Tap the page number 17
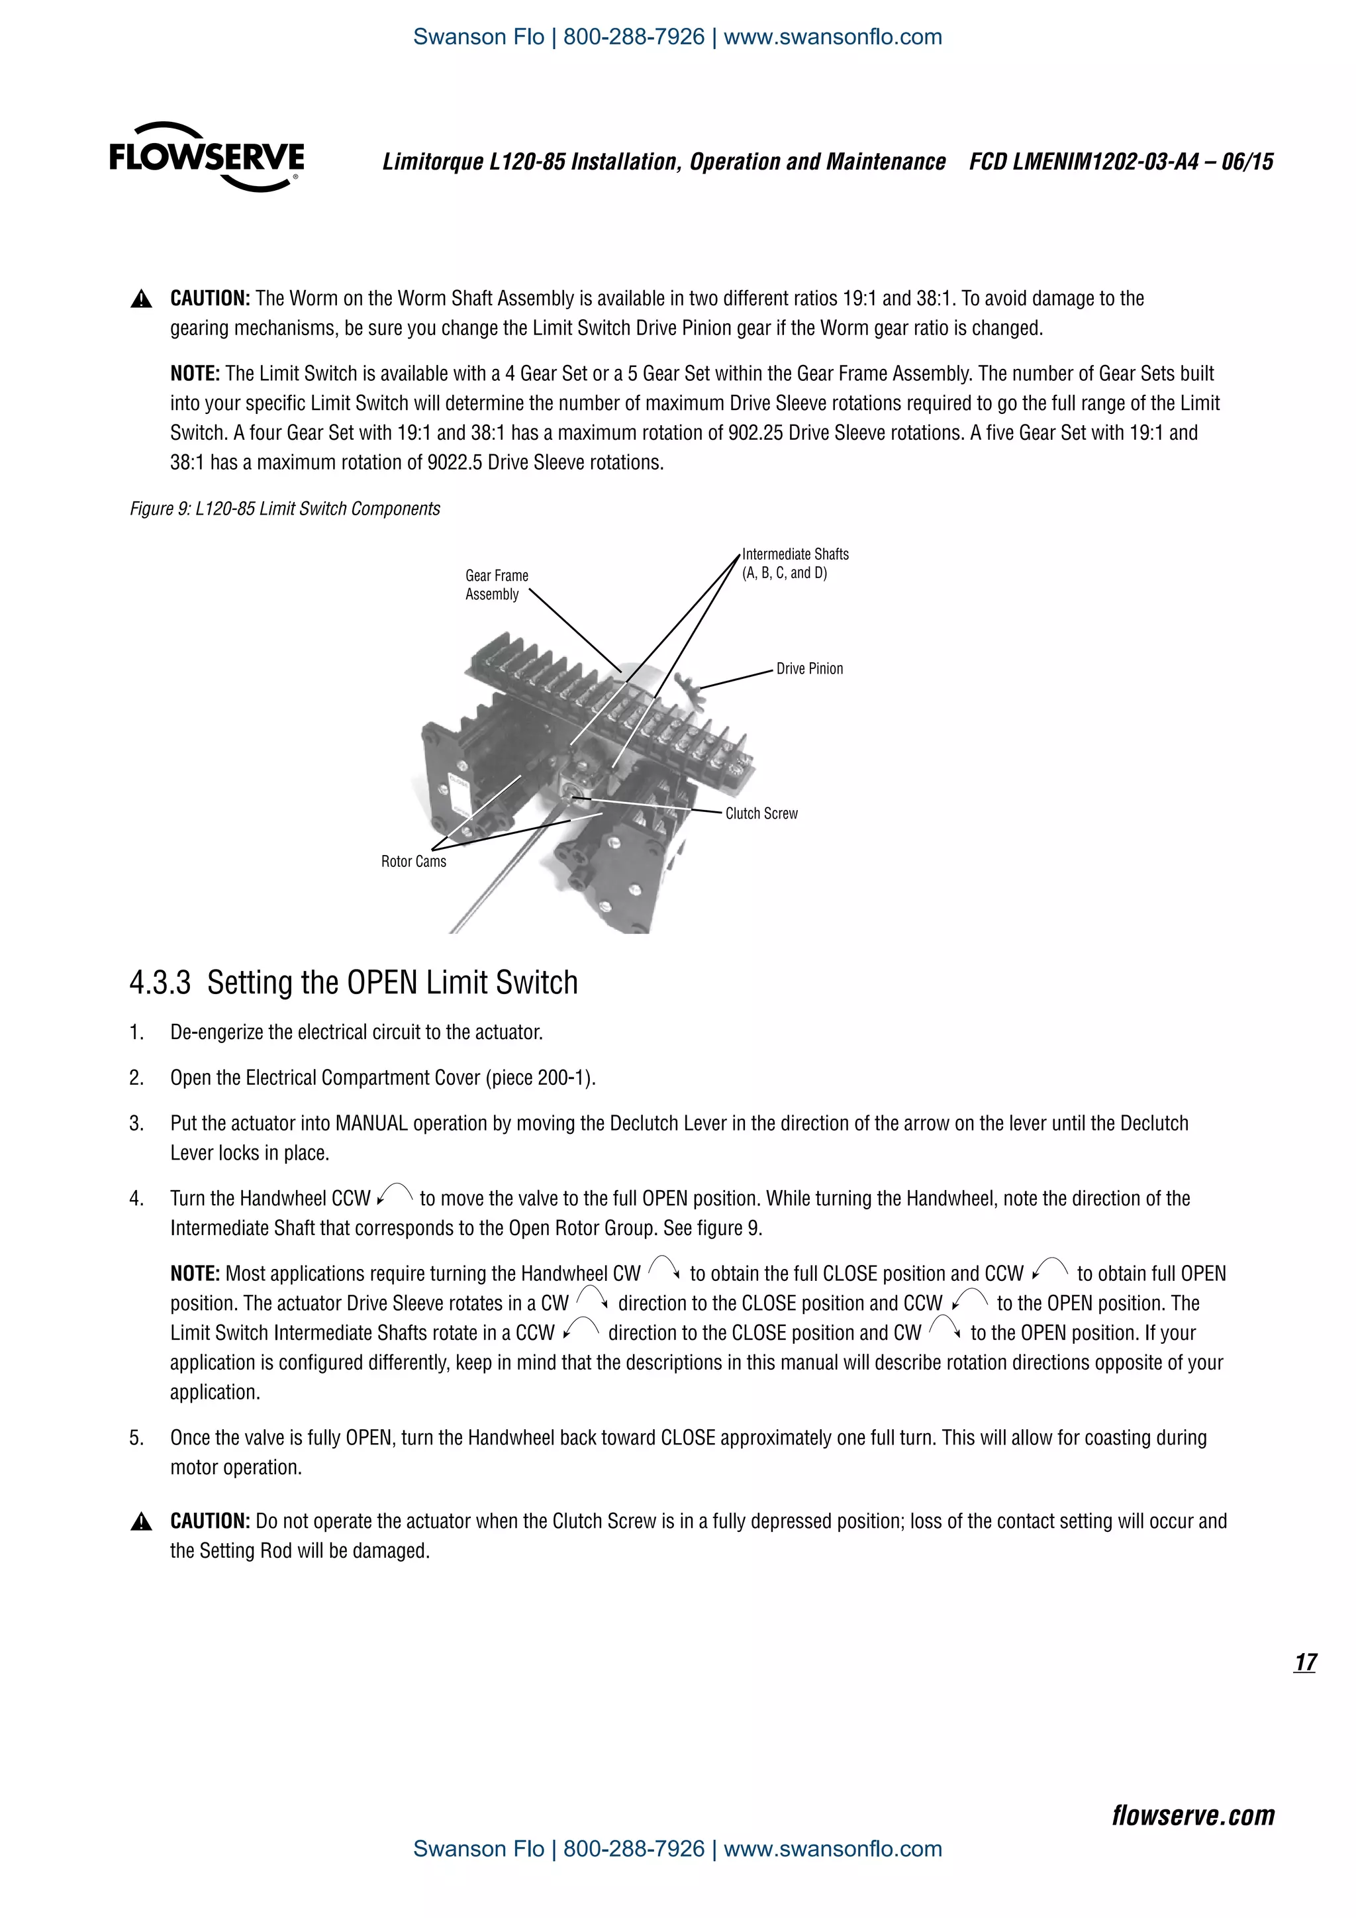click(1305, 1662)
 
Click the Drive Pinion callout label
click(809, 668)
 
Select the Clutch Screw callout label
click(761, 813)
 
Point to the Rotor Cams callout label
click(413, 861)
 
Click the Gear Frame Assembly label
click(496, 585)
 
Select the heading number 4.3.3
click(160, 982)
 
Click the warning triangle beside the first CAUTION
click(141, 299)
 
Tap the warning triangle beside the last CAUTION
click(141, 1522)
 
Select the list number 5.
click(136, 1438)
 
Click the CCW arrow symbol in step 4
click(395, 1195)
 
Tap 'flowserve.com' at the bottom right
click(1192, 1815)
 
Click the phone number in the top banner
click(634, 36)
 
